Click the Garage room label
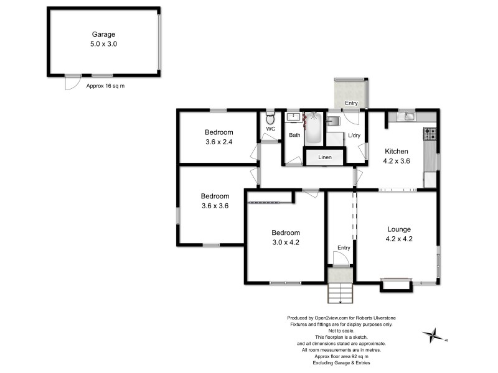pos(104,35)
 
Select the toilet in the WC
pos(270,118)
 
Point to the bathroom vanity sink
pos(293,116)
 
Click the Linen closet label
pos(324,157)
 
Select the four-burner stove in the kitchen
pos(430,132)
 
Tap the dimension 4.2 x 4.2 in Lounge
pos(399,238)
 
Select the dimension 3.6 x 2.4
pos(219,142)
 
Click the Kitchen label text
pos(396,151)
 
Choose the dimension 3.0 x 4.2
pos(286,242)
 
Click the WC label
pos(270,129)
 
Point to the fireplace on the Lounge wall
pos(396,283)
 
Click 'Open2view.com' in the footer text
pos(326,318)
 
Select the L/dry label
pos(354,136)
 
